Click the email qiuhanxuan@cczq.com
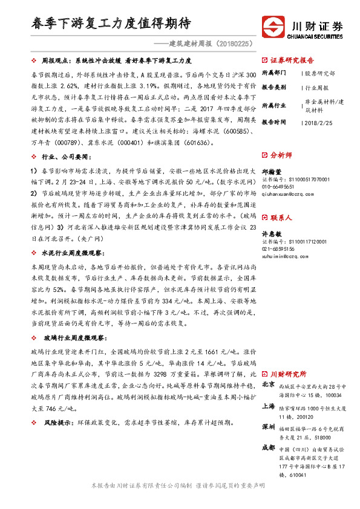click(289, 194)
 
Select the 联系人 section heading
click(281, 217)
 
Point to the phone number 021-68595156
click(283, 249)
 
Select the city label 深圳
click(269, 427)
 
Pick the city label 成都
click(269, 448)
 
